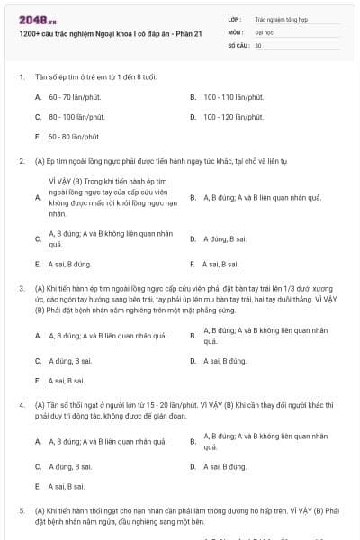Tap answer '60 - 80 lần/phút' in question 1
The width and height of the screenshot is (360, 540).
74,137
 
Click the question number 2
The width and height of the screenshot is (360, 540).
21,161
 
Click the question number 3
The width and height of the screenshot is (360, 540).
21,288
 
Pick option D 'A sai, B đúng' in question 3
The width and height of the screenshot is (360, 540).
225,361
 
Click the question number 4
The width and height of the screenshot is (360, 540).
21,405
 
